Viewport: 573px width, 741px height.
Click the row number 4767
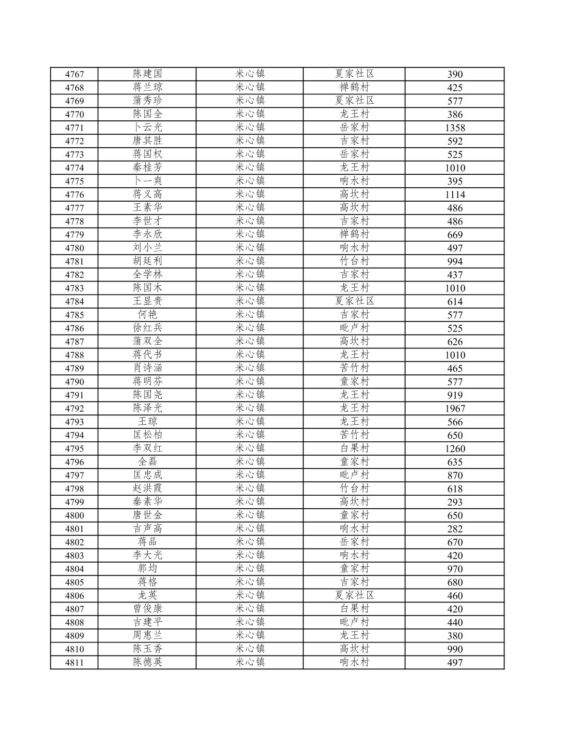pos(74,74)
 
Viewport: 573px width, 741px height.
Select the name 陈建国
pos(147,74)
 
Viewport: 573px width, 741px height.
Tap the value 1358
pos(455,128)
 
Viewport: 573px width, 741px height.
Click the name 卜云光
pos(147,127)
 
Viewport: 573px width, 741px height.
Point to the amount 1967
pos(455,409)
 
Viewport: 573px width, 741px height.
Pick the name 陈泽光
pos(147,408)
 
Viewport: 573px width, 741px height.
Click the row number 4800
pos(74,515)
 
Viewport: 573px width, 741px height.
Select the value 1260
pos(455,449)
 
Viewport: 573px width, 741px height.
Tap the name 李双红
pos(147,448)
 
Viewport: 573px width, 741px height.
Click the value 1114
pos(455,194)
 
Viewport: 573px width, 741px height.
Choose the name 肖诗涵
pos(147,368)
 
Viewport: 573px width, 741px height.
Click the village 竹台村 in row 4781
pos(354,261)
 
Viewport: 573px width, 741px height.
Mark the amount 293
pos(455,502)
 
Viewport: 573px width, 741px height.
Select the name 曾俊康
pos(147,609)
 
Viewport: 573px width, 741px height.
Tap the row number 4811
pos(74,663)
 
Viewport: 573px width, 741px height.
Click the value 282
pos(455,529)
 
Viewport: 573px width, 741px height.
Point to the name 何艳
pos(147,314)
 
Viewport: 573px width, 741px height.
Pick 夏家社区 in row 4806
pos(354,595)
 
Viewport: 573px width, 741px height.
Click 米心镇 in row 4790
pos(250,382)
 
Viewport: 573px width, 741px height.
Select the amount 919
pos(455,395)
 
